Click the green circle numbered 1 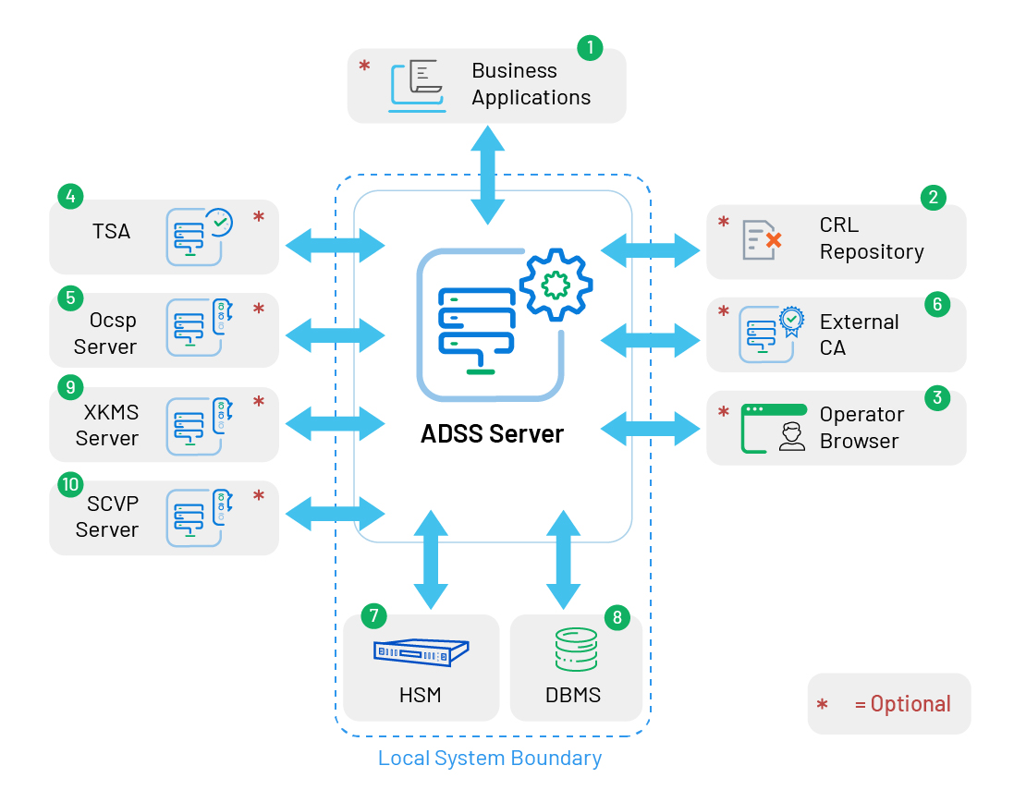[x=590, y=49]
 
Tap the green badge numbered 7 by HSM [x=374, y=615]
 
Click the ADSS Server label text [x=492, y=433]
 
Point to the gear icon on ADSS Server [x=556, y=284]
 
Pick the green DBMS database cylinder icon [x=576, y=650]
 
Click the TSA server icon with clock [x=197, y=236]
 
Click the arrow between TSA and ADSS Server [x=335, y=245]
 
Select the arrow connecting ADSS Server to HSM [x=430, y=558]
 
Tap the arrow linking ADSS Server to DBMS [x=563, y=558]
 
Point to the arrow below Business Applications [x=488, y=174]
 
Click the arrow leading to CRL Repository [x=651, y=249]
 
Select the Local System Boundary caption [x=490, y=759]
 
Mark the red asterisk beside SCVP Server [x=259, y=496]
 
